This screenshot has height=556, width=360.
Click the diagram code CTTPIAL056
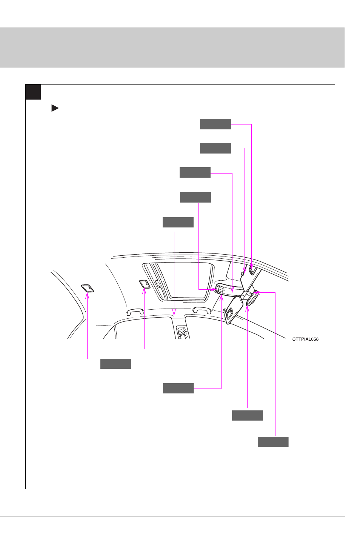click(305, 339)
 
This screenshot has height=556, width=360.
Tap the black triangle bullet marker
click(55, 108)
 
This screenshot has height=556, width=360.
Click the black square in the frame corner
click(33, 92)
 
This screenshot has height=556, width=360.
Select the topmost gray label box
click(215, 124)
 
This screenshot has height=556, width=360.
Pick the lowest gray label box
click(273, 442)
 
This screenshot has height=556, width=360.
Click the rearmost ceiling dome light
click(88, 288)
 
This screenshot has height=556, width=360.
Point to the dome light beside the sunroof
click(145, 284)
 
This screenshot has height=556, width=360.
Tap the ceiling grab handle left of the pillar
click(135, 312)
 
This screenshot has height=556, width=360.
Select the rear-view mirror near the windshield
click(252, 298)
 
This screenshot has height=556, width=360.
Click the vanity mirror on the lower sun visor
click(229, 313)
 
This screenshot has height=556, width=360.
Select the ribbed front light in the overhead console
click(220, 289)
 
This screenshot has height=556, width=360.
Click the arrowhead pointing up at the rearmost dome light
click(87, 295)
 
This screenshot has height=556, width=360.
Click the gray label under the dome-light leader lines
click(115, 364)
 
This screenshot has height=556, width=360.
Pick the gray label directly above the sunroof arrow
click(178, 223)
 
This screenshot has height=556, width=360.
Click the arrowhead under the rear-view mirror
click(247, 309)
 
